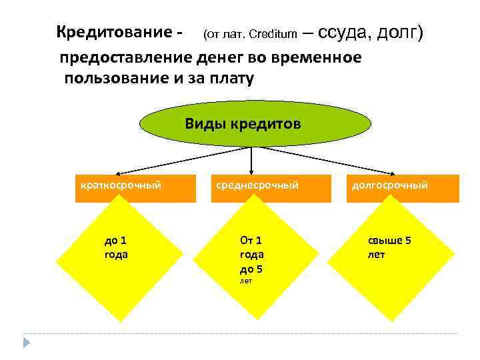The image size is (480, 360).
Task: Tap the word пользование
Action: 114,79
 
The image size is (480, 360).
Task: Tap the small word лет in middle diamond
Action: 247,281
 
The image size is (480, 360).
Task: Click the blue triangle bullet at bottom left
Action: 26,343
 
